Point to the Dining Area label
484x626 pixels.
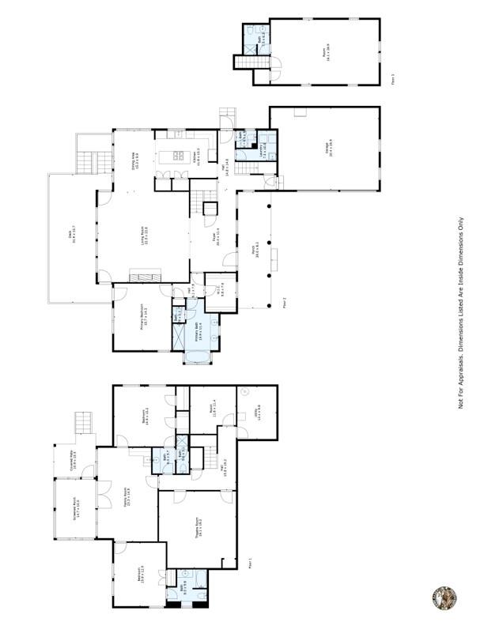tap(134, 160)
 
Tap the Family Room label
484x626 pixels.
tap(127, 496)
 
